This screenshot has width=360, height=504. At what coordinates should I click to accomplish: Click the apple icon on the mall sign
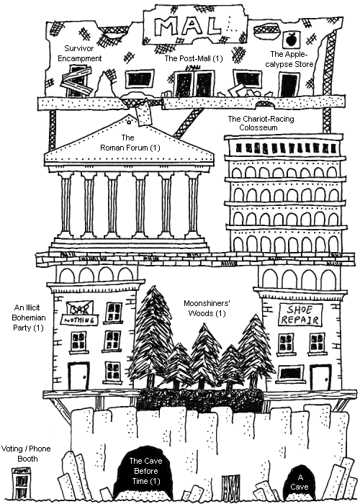tap(291, 39)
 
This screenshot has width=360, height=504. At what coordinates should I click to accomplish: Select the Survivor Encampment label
tap(79, 53)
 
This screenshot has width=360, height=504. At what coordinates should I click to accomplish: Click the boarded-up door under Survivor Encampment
tap(78, 81)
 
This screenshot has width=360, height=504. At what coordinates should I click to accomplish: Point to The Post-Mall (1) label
tap(194, 58)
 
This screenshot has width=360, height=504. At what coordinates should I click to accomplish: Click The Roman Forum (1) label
tap(130, 143)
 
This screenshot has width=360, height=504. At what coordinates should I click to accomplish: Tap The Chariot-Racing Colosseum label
tap(261, 123)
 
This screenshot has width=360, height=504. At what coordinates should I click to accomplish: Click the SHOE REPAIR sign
tap(300, 315)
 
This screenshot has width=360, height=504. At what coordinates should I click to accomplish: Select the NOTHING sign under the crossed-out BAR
tap(79, 320)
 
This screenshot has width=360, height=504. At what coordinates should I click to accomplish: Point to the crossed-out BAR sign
tap(80, 308)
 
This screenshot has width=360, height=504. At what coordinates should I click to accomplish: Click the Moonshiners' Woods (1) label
tap(207, 308)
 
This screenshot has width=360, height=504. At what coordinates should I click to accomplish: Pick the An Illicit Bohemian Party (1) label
tap(29, 318)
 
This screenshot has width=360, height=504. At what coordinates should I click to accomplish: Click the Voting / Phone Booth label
tap(26, 454)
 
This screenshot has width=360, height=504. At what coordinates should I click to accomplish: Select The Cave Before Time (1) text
tap(145, 471)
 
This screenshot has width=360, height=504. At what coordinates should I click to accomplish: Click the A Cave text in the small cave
tap(300, 482)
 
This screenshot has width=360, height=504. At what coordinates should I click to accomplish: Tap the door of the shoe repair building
tap(320, 377)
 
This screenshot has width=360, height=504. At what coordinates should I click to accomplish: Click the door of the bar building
tap(78, 376)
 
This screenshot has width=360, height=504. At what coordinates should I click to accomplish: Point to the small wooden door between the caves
tap(231, 487)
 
